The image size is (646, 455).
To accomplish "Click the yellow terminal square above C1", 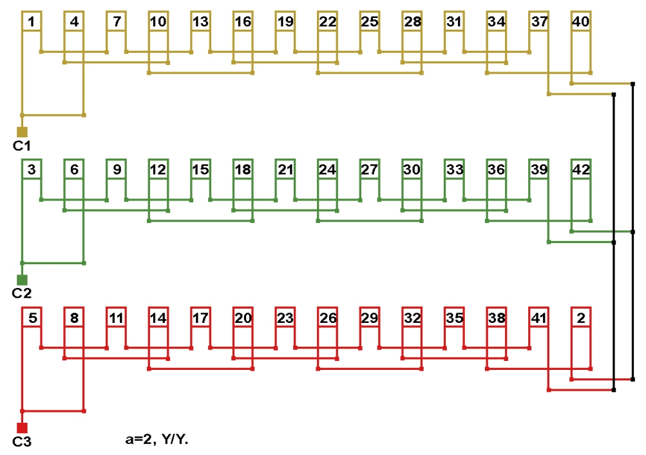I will (x=22, y=131).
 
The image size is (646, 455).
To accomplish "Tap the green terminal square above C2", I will (x=22, y=280).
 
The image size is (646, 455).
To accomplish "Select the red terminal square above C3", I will (x=22, y=427).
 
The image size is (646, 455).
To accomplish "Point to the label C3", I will (x=22, y=441).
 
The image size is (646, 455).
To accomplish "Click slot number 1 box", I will (x=32, y=22).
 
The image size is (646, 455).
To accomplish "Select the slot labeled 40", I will (x=580, y=22).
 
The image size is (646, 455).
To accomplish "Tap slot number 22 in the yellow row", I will (x=327, y=22).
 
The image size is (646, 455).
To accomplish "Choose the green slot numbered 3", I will (x=32, y=169).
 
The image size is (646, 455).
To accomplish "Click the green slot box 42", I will (x=580, y=169).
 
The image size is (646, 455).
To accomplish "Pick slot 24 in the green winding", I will (x=327, y=169).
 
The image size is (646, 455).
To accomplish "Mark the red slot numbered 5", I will (x=32, y=317).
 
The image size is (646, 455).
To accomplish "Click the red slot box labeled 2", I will (x=580, y=317).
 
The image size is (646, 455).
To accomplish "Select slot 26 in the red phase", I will (x=327, y=317).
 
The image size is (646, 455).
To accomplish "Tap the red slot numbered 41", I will (x=538, y=317).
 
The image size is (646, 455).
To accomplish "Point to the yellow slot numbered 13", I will (x=200, y=22).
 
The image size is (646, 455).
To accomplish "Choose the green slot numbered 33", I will (x=454, y=169).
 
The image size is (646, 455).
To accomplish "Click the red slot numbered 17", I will (x=200, y=317).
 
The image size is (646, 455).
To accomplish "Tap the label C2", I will (x=22, y=293).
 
